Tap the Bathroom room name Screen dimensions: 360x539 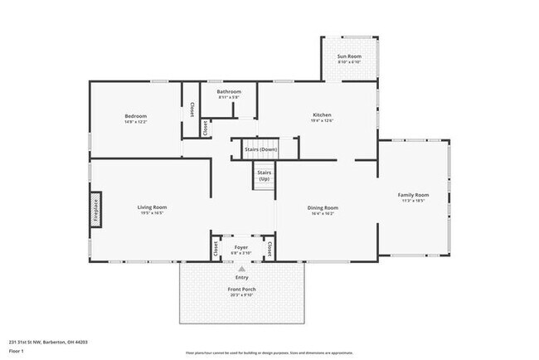pos(229,91)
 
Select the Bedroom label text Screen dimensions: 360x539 pos(136,116)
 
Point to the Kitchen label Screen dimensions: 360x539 pos(322,114)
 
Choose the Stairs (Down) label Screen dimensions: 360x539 pos(260,149)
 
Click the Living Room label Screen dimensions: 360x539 pos(153,207)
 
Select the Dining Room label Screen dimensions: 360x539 pos(323,207)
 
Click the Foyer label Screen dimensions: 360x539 pos(241,247)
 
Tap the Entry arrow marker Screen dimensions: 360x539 pos(241,270)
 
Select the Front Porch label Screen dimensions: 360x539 pos(241,289)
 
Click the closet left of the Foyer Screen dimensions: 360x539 pos(215,248)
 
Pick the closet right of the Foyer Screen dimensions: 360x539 pos(269,248)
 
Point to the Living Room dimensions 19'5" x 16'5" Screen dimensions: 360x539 pos(153,213)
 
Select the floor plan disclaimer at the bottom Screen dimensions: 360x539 pos(269,352)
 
